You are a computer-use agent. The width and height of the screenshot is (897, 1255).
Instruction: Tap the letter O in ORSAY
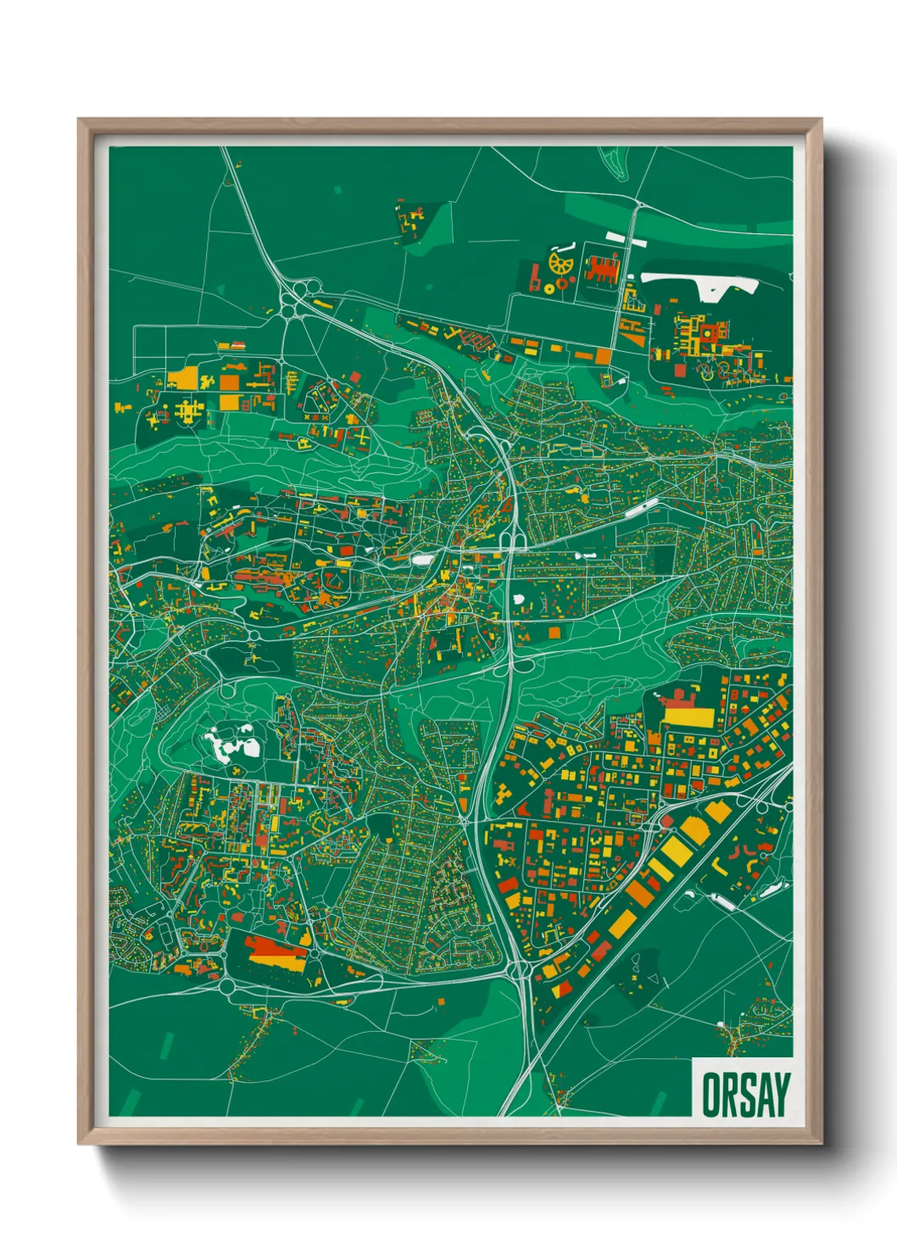click(711, 1095)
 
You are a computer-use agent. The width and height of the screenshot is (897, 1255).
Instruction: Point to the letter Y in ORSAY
click(781, 1095)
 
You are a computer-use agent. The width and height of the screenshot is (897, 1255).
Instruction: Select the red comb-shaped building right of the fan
click(601, 269)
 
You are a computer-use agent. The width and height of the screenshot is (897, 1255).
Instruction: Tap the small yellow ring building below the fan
click(549, 288)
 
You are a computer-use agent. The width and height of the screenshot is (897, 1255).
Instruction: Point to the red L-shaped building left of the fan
click(535, 277)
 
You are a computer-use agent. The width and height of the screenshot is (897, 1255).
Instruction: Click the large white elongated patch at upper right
click(700, 283)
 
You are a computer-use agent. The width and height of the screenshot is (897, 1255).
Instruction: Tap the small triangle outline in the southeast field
click(653, 979)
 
